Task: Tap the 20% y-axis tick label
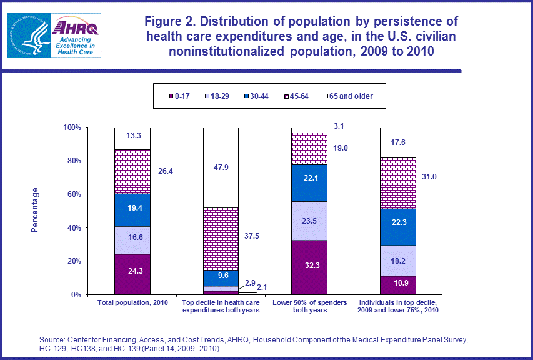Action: click(73, 261)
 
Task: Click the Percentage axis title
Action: click(36, 210)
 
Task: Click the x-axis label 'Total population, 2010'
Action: click(132, 303)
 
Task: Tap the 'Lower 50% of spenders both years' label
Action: click(310, 307)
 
